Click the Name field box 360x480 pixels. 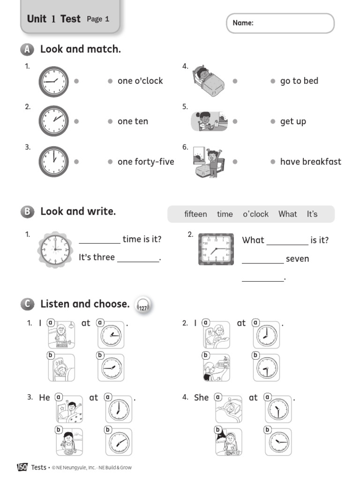pos(280,23)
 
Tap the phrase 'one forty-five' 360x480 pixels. pos(146,162)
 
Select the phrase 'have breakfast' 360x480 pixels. pos(310,162)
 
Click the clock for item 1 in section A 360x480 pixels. pos(53,81)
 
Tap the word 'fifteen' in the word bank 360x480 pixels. pos(195,214)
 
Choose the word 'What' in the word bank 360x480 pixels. pos(287,214)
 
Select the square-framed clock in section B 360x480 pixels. pos(216,249)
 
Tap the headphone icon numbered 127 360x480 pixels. pos(142,306)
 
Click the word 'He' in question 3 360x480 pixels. pos(45,397)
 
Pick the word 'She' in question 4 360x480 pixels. pos(201,397)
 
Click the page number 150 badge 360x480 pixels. pos(22,467)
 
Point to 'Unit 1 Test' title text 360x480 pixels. pos(53,19)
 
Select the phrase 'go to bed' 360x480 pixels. pos(299,81)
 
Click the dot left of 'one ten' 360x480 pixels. pos(110,121)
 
